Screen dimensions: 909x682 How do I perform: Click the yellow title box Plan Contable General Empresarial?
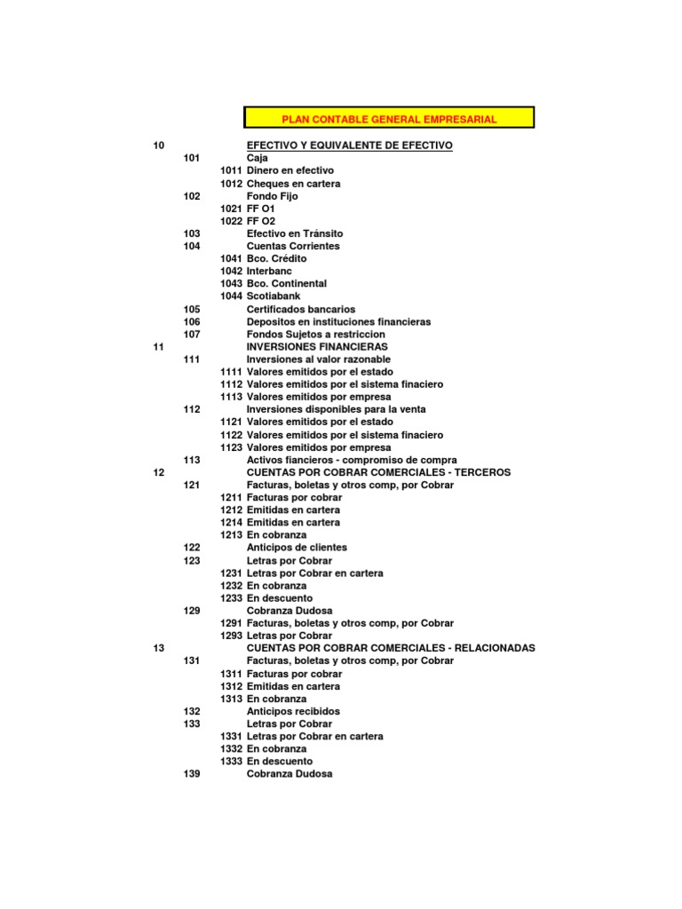pos(389,118)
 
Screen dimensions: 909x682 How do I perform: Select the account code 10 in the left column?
pos(159,145)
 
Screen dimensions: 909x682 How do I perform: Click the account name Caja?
pos(257,157)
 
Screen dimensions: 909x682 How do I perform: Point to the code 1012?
pos(231,183)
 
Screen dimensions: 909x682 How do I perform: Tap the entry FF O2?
pos(261,221)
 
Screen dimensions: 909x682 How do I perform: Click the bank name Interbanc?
pos(269,271)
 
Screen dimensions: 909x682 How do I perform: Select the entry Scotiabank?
pos(274,296)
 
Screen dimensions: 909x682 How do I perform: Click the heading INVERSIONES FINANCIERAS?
pos(317,346)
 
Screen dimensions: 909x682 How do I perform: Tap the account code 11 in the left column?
pos(159,346)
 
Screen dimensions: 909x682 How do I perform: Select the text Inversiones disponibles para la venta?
pos(336,409)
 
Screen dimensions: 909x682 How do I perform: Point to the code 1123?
pos(231,447)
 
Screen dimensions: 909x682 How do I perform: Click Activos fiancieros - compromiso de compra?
pos(352,460)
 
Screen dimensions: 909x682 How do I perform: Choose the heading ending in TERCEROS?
pos(378,472)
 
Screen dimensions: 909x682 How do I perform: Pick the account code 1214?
pos(231,523)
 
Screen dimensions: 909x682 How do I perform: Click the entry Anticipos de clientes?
pos(297,548)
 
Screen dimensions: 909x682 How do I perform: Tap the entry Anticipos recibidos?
pos(293,711)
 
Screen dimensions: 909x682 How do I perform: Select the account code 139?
pos(192,774)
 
